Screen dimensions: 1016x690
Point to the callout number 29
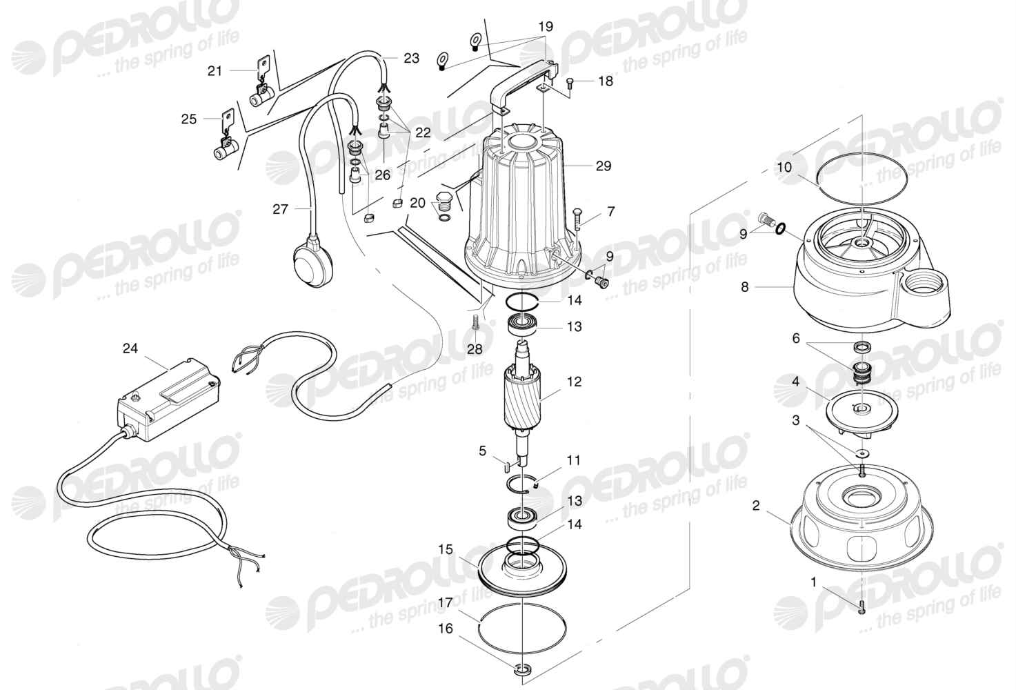click(x=604, y=166)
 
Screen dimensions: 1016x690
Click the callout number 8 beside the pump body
click(x=744, y=287)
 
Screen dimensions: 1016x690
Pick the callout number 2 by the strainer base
click(x=756, y=505)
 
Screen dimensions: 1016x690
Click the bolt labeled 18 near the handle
click(x=570, y=83)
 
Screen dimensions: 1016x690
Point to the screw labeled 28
click(x=475, y=322)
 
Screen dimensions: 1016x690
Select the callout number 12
click(x=575, y=382)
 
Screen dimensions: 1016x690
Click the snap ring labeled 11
click(x=521, y=485)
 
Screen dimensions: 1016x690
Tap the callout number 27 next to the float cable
click(x=280, y=209)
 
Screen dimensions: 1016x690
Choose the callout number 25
click(x=189, y=119)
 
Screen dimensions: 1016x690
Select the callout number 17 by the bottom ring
click(x=446, y=603)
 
